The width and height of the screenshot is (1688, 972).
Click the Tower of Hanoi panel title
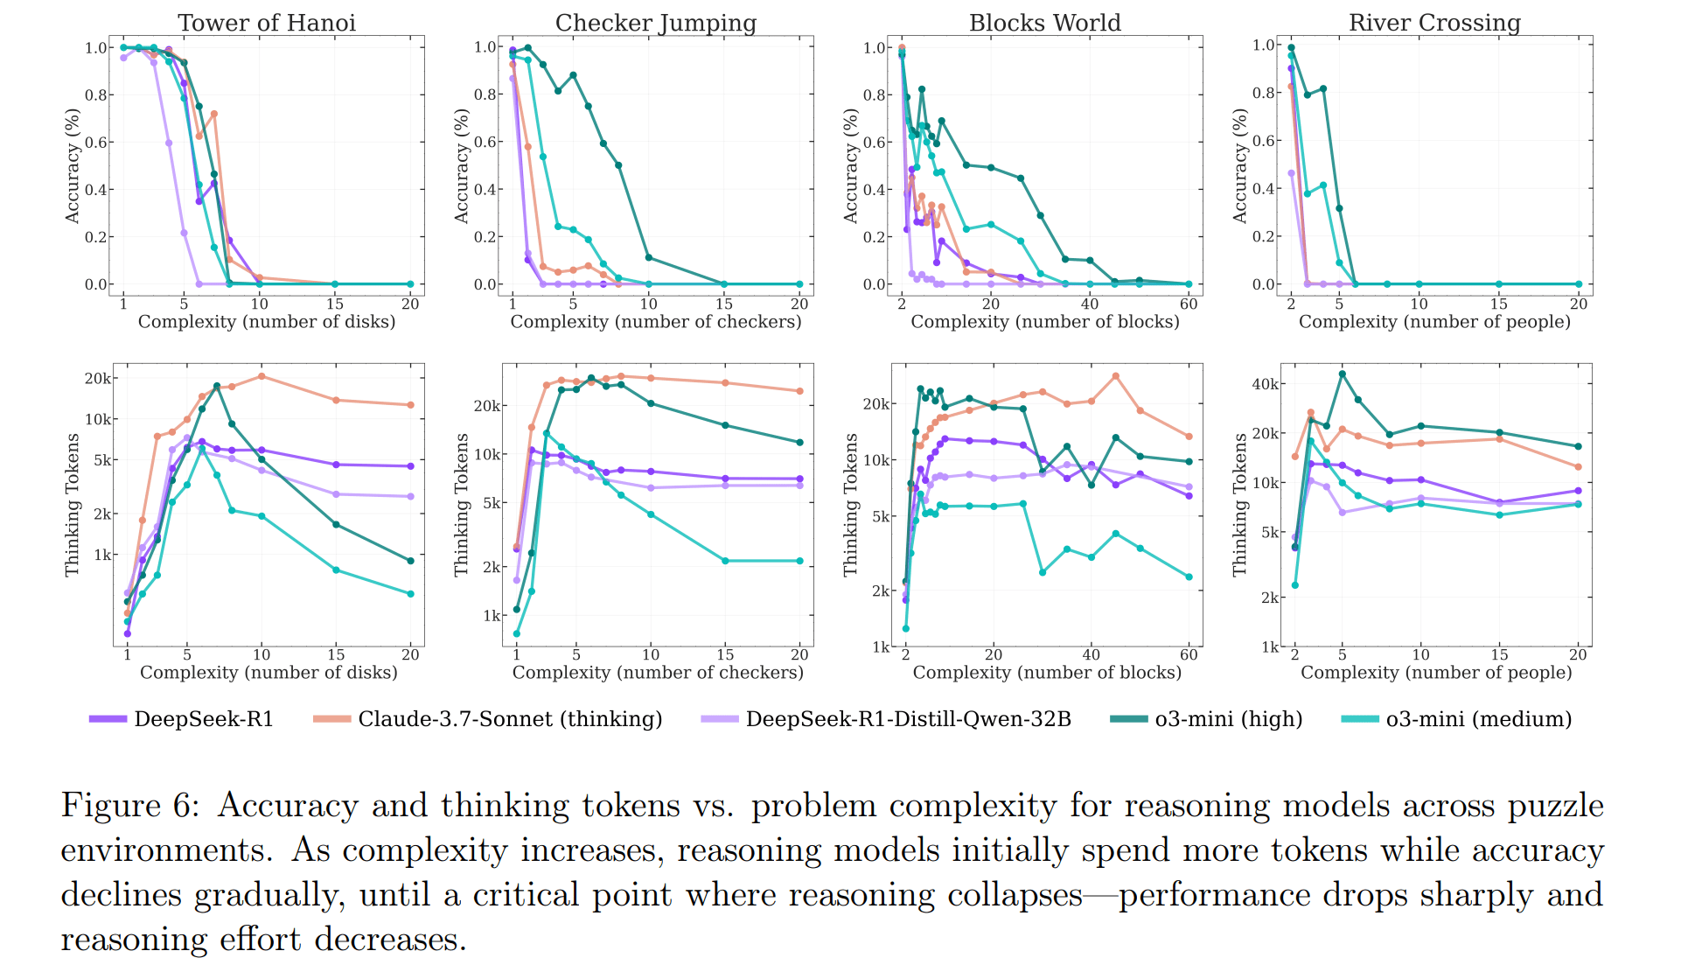267,23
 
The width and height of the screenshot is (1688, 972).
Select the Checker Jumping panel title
656,23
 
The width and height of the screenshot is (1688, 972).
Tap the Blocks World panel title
1044,23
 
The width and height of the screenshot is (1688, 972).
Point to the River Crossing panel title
1434,23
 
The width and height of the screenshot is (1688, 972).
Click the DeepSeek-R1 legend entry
181,719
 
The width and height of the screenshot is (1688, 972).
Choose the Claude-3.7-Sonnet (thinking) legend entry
488,719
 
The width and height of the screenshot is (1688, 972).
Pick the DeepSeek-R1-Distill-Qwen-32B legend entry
886,719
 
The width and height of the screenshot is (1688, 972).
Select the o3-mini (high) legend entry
1207,719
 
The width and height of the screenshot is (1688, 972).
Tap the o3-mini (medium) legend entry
1457,719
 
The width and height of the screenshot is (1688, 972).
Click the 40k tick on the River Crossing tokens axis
1265,384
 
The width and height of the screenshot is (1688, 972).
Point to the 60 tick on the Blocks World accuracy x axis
1189,304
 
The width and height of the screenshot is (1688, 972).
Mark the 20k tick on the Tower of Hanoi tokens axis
97,379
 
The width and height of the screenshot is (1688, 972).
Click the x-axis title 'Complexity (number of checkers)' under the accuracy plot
656,322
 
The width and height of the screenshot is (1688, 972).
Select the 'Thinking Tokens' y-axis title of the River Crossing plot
1239,505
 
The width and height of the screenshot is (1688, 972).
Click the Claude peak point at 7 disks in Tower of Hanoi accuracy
214,115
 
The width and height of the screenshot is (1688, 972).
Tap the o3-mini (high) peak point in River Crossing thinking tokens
1343,374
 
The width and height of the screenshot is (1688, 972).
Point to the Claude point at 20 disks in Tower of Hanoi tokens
410,405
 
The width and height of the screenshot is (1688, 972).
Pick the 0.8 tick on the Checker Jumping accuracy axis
485,94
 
